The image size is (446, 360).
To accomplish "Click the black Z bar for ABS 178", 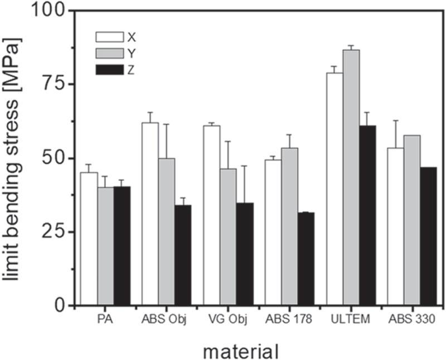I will tap(306, 259).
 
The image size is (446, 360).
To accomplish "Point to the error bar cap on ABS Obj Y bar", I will tap(166, 124).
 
